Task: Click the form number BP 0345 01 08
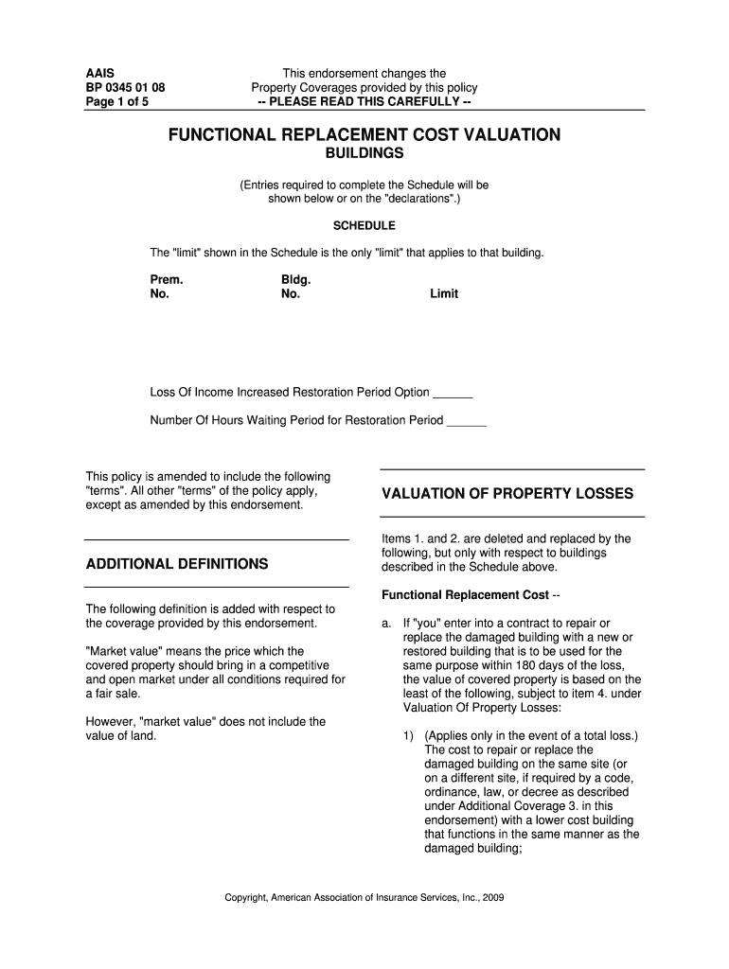[125, 88]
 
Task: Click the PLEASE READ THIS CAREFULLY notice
[364, 102]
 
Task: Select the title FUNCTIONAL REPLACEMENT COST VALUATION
[364, 135]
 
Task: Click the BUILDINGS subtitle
[364, 153]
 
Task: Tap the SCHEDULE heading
[364, 226]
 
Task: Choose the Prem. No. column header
[166, 287]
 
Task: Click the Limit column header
[444, 294]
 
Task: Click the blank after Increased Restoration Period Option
[453, 394]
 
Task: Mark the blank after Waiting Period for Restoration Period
[466, 421]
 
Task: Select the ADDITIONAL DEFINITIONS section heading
[177, 564]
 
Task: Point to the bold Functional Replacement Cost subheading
[464, 595]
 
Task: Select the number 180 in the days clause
[519, 665]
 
